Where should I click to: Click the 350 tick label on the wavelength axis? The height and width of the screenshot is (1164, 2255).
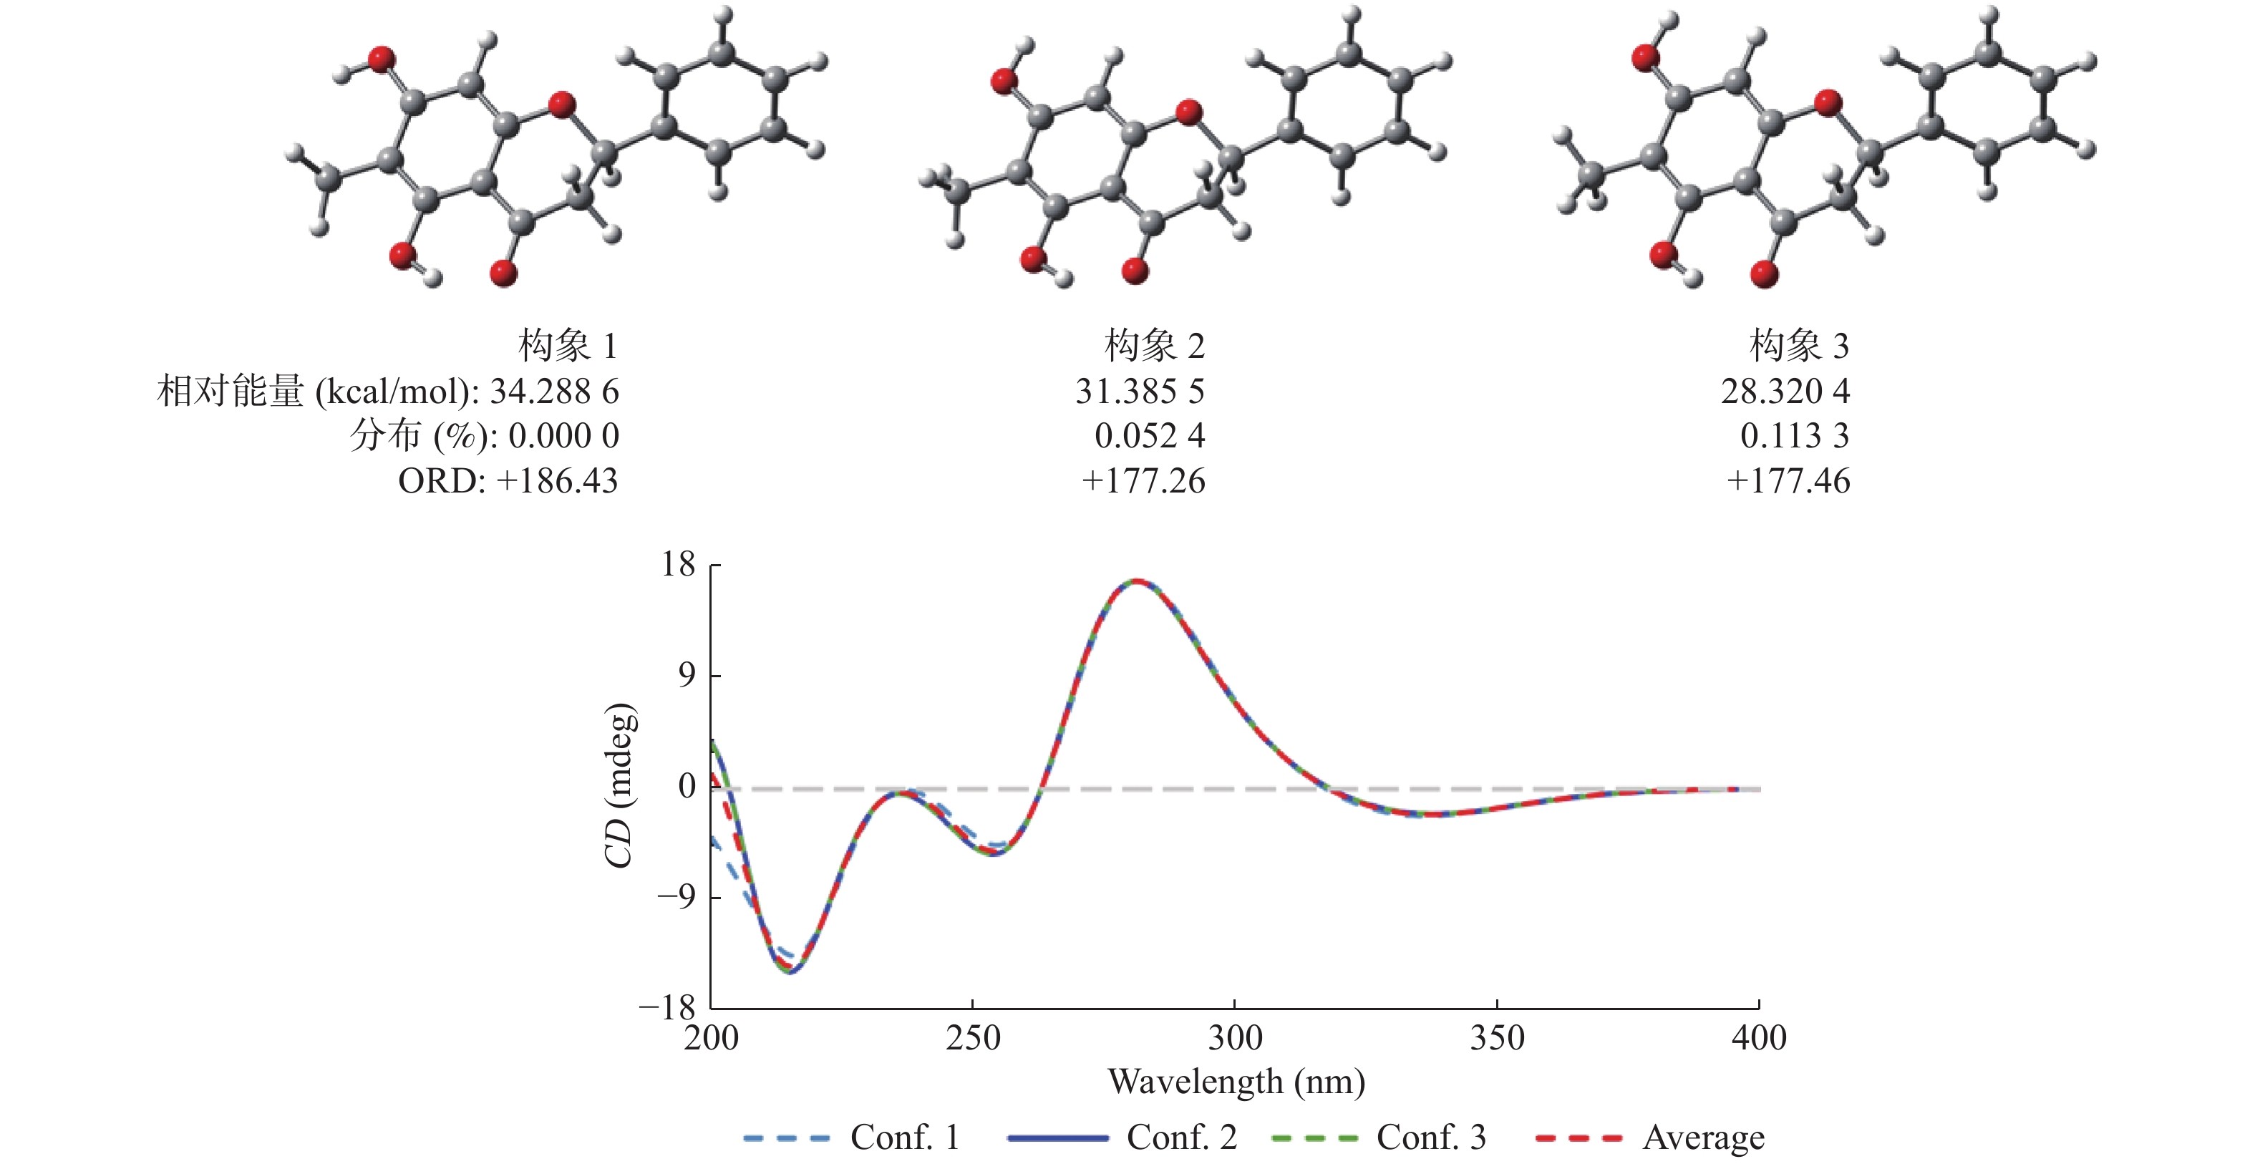tap(1497, 1038)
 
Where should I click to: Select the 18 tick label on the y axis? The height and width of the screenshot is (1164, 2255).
tap(679, 565)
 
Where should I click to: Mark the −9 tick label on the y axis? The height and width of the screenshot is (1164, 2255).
tap(676, 897)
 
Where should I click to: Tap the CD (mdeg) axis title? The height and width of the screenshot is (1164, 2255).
tap(620, 785)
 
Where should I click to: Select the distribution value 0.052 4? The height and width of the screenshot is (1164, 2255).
tap(1150, 436)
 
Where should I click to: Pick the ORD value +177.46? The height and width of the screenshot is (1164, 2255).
tap(1788, 480)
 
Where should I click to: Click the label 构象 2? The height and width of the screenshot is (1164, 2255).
tap(1154, 346)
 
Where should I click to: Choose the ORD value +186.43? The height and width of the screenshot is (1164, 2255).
tap(557, 480)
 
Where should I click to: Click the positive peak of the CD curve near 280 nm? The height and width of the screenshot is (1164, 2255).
tap(1135, 581)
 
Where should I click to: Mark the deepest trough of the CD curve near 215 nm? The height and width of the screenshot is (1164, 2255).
tap(790, 971)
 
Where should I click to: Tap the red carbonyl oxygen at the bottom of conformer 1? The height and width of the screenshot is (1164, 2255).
tap(503, 273)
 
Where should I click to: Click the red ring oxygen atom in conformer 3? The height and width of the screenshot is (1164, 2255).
tap(1828, 102)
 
